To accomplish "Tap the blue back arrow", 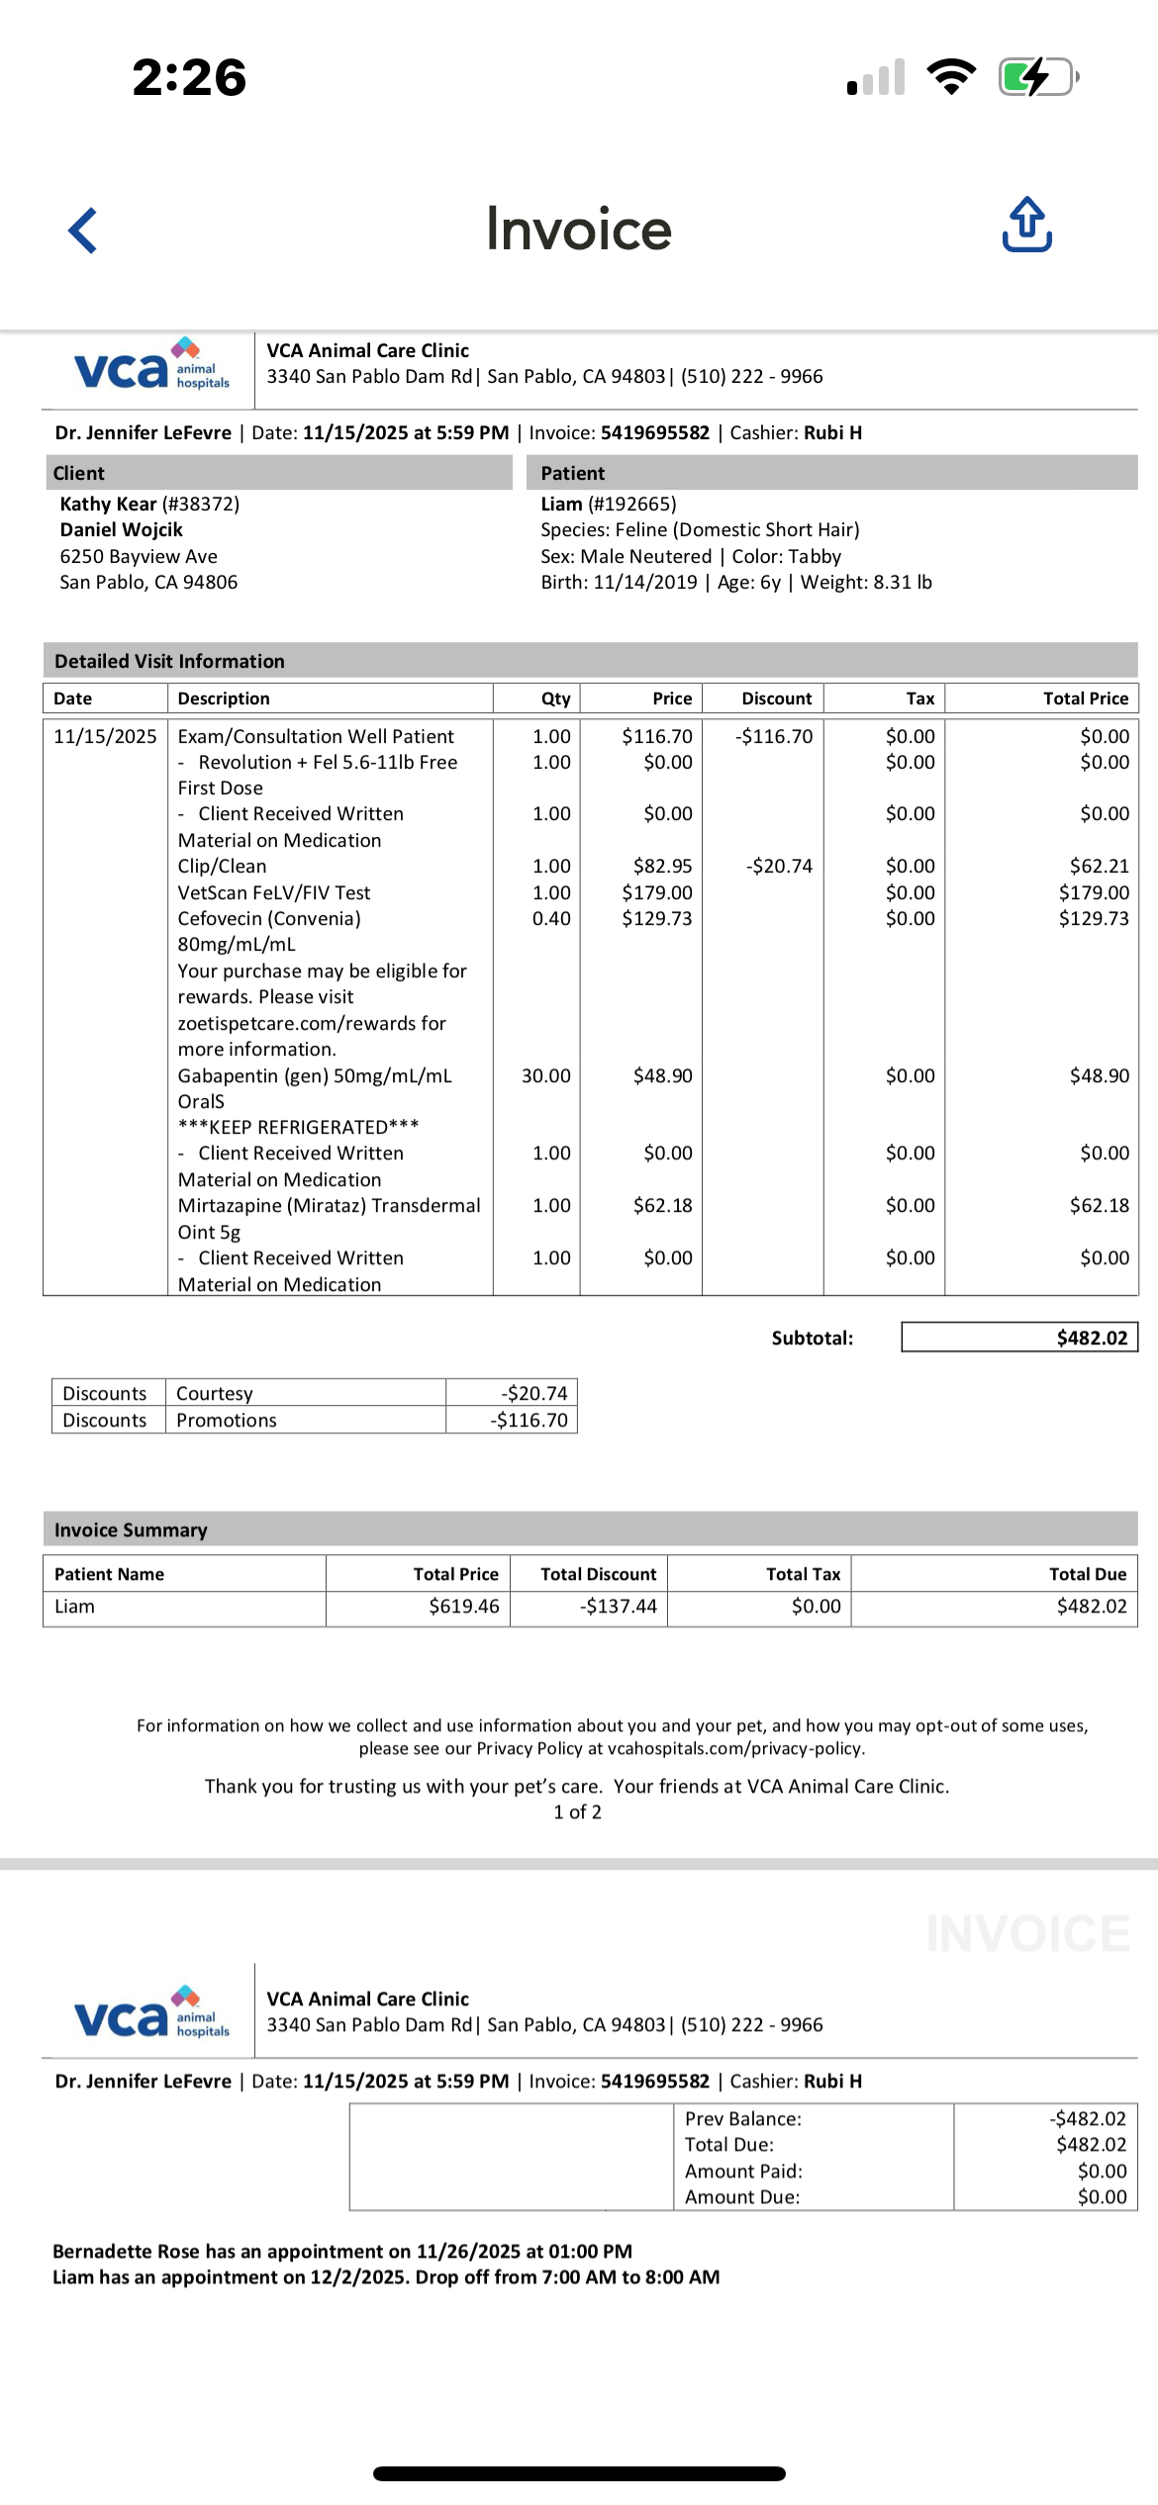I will point(83,231).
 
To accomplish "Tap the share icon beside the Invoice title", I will point(1026,225).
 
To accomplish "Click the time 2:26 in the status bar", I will point(189,77).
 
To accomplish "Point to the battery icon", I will point(1037,77).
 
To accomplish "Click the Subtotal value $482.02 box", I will point(1019,1338).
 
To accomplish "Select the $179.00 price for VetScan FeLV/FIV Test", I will point(657,892).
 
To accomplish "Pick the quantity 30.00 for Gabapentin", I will point(546,1075).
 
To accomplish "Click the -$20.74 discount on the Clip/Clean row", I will point(779,866).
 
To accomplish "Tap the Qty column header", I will point(555,698).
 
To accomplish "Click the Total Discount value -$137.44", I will point(619,1606).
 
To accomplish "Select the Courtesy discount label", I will point(215,1393).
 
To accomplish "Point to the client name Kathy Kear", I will point(109,504).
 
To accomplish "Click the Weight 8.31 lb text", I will point(866,582).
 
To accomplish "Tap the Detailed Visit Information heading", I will point(169,661).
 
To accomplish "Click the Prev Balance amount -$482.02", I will point(1088,2118).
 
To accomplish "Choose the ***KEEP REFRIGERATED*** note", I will point(298,1127).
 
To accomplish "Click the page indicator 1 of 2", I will point(577,1811).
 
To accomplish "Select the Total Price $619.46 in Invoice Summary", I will point(463,1606).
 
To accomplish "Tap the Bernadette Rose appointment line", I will point(342,2251).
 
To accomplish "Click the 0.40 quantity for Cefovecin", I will point(551,918).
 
